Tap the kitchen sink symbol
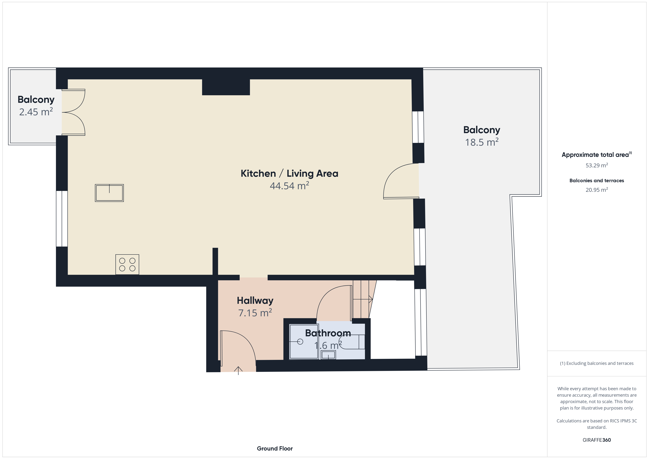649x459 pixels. click(109, 193)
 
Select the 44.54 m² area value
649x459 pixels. click(289, 186)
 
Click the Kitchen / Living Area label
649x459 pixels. click(289, 173)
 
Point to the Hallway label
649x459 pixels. click(255, 300)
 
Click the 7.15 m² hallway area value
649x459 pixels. click(255, 313)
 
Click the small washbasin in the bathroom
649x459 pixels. click(328, 355)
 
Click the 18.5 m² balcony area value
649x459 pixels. click(482, 142)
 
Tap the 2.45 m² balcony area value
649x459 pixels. click(36, 112)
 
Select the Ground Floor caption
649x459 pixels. click(275, 448)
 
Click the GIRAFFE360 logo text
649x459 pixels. click(597, 440)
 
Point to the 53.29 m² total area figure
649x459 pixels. click(597, 165)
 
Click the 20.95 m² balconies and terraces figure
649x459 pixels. click(597, 190)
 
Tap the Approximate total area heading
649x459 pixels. click(596, 155)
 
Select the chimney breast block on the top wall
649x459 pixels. click(226, 87)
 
